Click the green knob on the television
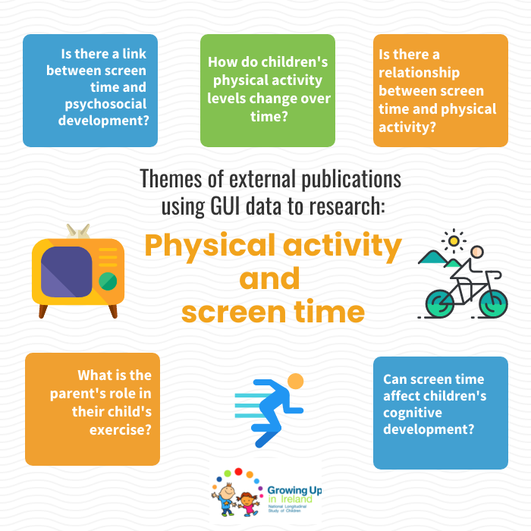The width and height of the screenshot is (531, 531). point(108,281)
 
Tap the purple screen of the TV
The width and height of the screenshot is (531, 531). point(67,272)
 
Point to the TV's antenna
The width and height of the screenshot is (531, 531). point(78,231)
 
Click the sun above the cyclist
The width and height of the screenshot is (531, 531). point(454,240)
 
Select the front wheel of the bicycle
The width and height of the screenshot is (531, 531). point(493,303)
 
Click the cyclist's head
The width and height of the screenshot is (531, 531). point(477,252)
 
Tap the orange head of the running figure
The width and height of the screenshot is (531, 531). point(295,382)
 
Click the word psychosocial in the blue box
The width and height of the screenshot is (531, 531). point(105,105)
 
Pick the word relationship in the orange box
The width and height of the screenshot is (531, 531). point(419,73)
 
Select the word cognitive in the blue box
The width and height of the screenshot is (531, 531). point(413,413)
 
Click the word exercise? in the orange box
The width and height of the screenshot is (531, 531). point(120,430)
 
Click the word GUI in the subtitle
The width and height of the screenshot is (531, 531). point(225,206)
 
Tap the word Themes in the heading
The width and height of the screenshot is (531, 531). point(171,178)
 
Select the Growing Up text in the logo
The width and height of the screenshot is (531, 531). point(294,490)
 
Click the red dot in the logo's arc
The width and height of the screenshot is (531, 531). point(238,472)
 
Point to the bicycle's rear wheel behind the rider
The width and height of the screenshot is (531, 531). point(439,303)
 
